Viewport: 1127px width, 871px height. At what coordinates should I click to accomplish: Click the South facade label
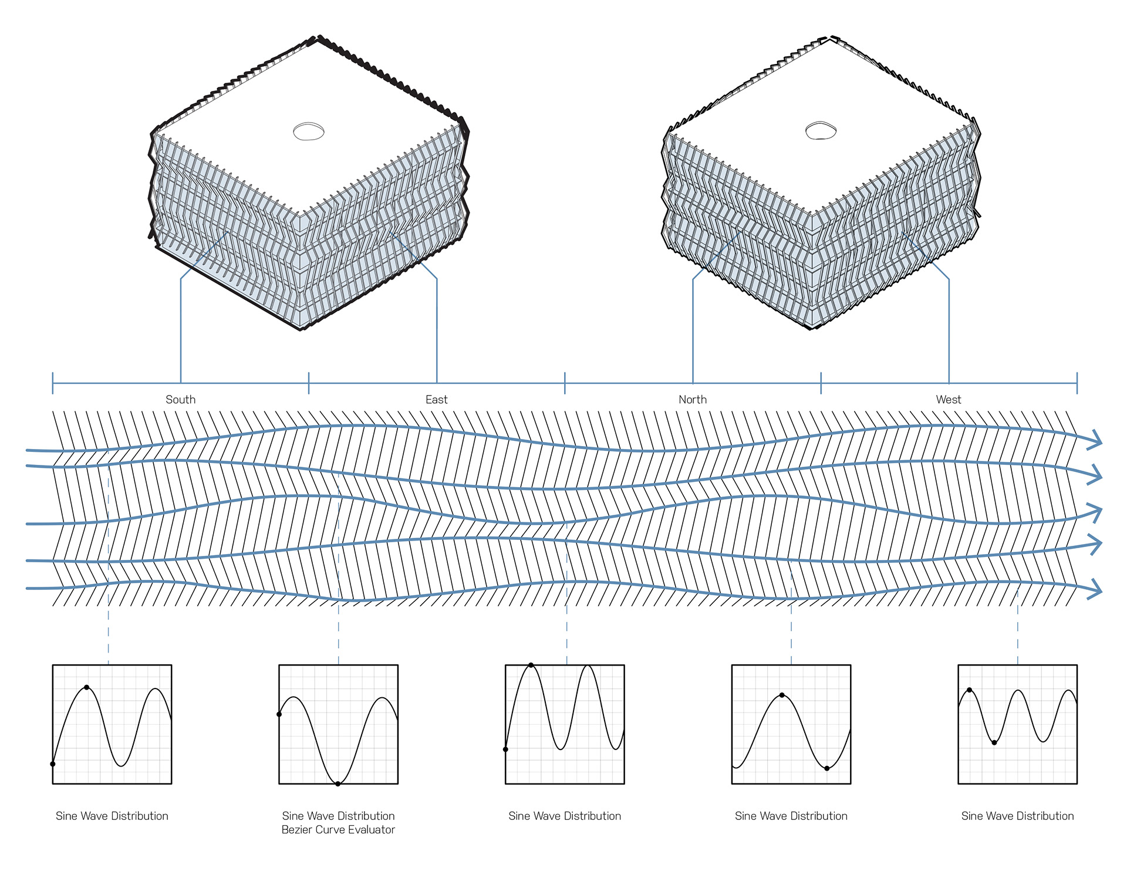(180, 400)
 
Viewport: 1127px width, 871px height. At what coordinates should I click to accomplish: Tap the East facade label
(436, 400)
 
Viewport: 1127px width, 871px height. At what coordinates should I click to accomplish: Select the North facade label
(693, 400)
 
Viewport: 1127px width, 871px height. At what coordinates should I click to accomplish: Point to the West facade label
(949, 400)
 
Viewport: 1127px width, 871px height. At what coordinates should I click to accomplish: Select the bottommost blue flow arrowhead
(1094, 589)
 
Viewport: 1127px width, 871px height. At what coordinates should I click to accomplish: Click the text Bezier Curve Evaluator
(338, 830)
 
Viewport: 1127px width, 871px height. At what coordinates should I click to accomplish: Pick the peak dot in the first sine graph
(87, 687)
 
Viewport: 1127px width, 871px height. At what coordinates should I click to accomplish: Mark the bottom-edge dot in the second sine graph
(338, 784)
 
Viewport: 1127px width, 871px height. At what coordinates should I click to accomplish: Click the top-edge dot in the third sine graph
(531, 665)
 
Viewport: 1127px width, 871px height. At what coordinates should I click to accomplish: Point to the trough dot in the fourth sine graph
(827, 768)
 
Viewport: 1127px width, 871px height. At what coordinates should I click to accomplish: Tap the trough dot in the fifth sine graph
(994, 742)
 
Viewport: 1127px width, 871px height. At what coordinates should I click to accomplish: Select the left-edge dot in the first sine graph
(53, 764)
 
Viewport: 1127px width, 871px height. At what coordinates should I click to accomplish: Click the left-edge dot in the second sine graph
(279, 714)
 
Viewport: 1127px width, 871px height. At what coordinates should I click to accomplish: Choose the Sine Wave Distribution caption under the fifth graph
(1017, 816)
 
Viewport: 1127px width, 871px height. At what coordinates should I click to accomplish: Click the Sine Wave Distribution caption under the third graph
(565, 816)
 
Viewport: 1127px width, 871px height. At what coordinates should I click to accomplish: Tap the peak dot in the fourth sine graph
(782, 696)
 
